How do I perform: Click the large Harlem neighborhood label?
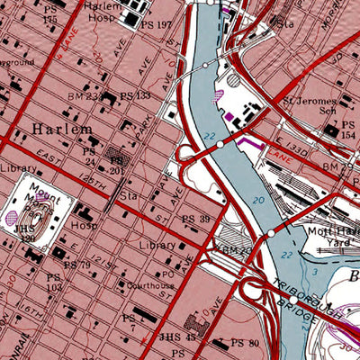(61, 130)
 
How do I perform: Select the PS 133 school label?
(135, 95)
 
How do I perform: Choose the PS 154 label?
(349, 130)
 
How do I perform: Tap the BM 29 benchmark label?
(338, 167)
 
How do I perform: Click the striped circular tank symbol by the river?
(234, 80)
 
